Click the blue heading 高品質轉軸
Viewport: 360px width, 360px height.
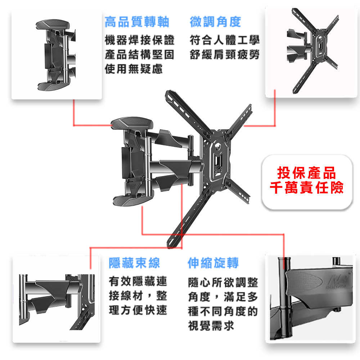(137, 22)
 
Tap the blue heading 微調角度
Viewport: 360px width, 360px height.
(215, 22)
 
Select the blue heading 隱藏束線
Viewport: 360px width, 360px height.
(134, 263)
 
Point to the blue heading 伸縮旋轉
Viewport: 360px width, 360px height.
(213, 263)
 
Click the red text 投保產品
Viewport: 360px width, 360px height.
(307, 173)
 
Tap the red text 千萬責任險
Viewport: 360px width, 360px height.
(307, 188)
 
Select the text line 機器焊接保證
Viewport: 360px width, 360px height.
(140, 40)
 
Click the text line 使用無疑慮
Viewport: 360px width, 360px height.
(134, 69)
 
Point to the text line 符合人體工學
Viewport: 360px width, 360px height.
(225, 40)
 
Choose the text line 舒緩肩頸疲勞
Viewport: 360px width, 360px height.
(225, 55)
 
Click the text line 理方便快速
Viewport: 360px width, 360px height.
(138, 310)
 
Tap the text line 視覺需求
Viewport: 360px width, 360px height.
(211, 325)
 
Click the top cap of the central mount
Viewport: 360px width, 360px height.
(132, 123)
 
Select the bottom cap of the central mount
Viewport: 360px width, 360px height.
(133, 200)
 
